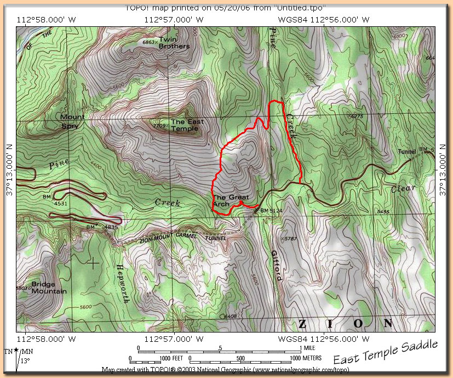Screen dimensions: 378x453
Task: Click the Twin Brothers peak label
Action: point(174,43)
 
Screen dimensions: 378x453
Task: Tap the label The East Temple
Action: point(185,125)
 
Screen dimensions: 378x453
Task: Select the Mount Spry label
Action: point(72,121)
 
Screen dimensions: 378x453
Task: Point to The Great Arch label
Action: point(230,201)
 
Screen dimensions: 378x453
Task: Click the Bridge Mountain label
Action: point(49,288)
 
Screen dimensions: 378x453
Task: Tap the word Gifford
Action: point(276,266)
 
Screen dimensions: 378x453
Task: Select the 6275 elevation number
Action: point(357,117)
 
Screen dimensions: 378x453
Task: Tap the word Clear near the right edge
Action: point(404,190)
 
